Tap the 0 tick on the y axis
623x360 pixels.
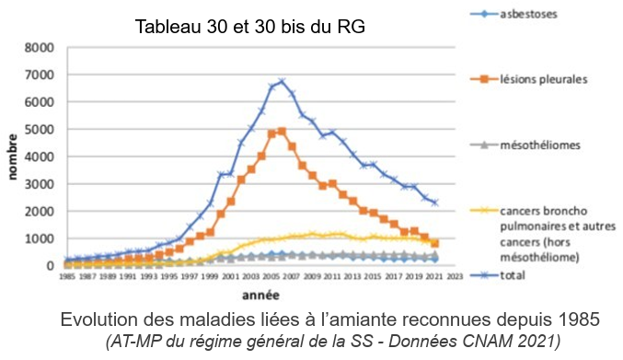(x=49, y=266)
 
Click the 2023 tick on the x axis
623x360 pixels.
(x=453, y=276)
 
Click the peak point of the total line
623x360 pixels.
(x=282, y=82)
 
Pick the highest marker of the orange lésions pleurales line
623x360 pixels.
(x=282, y=131)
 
